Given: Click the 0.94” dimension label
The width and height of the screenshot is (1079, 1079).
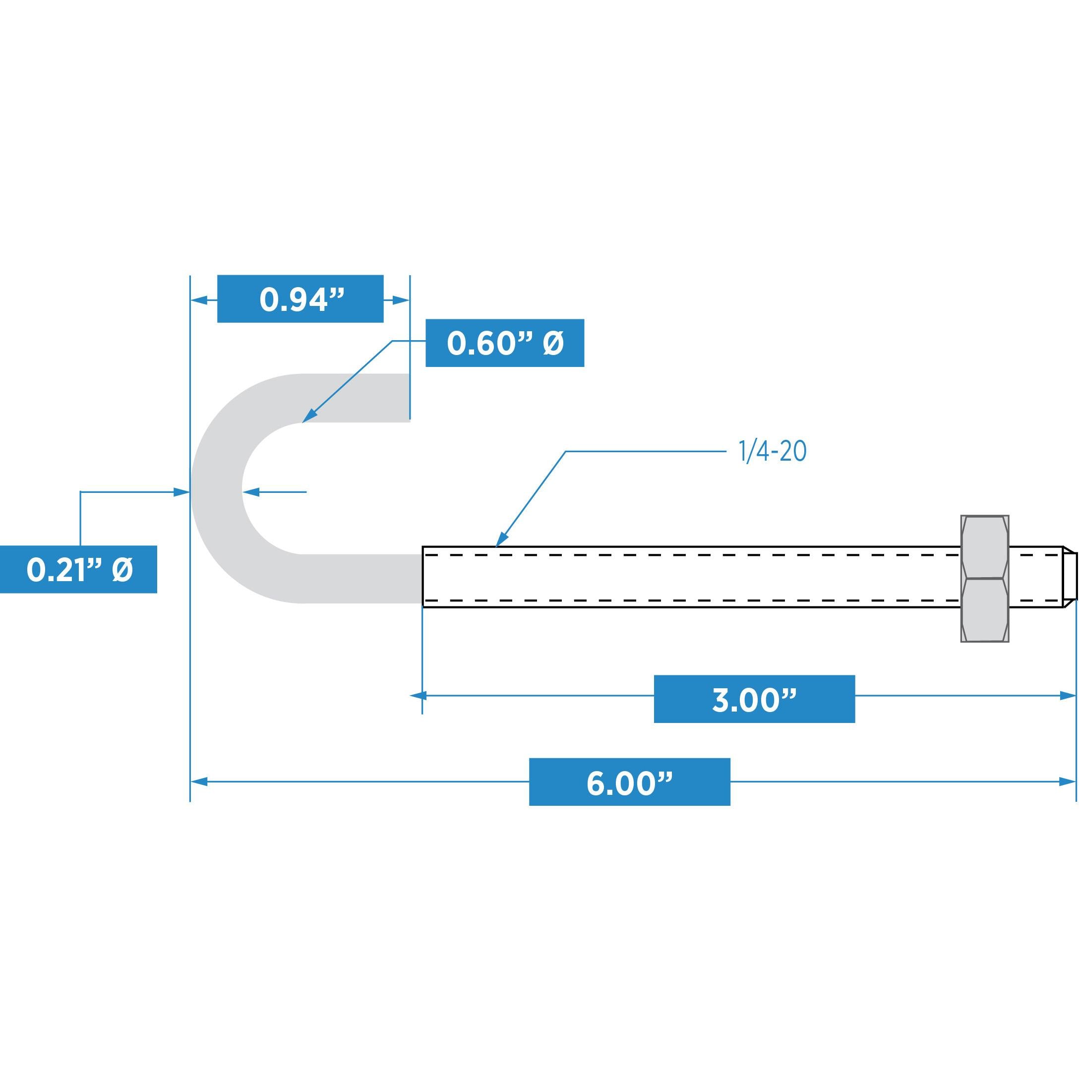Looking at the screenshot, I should point(300,299).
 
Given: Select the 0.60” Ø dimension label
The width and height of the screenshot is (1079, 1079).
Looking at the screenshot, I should point(504,343).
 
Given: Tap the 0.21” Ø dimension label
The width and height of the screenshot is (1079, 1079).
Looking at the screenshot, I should point(78,569).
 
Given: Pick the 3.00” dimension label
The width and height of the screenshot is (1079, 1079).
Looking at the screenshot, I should point(754,699).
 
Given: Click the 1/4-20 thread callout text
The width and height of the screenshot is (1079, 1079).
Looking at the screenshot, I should point(773,452).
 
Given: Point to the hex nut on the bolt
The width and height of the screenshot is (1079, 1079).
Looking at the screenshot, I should point(985,578).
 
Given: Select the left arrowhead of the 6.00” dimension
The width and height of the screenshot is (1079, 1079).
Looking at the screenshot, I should point(199,782).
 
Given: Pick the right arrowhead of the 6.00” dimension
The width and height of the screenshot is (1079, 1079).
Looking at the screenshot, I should point(1067,782).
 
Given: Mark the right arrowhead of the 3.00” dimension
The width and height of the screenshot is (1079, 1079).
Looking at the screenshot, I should point(1067,695).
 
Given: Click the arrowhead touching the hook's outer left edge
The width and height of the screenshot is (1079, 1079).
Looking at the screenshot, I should point(181,492).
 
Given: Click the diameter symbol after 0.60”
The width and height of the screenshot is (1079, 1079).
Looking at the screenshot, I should point(552,343).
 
